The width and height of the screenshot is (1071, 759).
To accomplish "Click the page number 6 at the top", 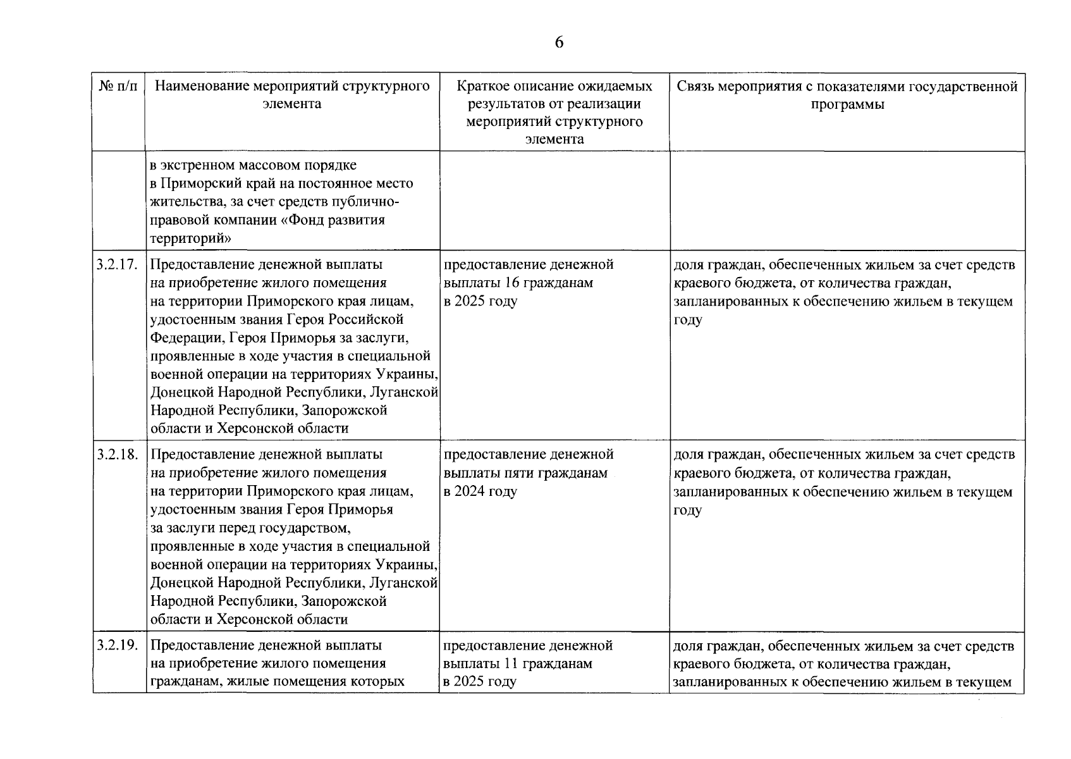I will pos(559,42).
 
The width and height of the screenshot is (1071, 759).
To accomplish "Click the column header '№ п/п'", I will pos(118,86).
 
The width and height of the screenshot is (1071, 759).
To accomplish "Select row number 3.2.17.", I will pos(118,264).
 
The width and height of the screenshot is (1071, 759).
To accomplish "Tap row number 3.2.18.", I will pos(118,454).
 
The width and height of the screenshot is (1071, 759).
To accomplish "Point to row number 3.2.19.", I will pos(118,646).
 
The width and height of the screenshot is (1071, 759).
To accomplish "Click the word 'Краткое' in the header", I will pos(482,86).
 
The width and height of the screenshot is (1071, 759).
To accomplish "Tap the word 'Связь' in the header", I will pos(695,86).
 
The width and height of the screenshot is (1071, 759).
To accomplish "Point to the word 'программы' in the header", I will pos(847,104).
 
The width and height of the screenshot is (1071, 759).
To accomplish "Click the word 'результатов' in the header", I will pos(499,104).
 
